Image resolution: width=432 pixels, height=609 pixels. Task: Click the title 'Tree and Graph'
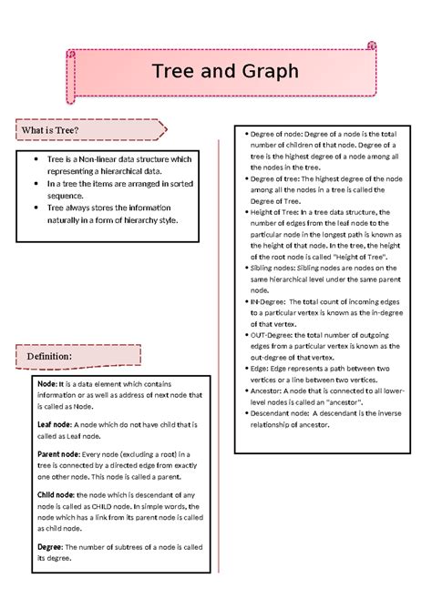coord(224,71)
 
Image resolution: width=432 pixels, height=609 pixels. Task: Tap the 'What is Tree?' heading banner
coord(50,131)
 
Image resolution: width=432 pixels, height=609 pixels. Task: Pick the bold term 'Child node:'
coord(56,494)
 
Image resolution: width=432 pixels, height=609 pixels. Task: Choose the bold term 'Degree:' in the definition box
coord(50,546)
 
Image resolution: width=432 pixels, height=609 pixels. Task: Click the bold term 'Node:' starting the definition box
coord(46,383)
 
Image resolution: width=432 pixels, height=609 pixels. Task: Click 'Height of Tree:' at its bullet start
coord(278,212)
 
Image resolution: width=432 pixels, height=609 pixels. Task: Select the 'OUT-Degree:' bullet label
coord(273,335)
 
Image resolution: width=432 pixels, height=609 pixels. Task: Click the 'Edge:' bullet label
coord(261,368)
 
